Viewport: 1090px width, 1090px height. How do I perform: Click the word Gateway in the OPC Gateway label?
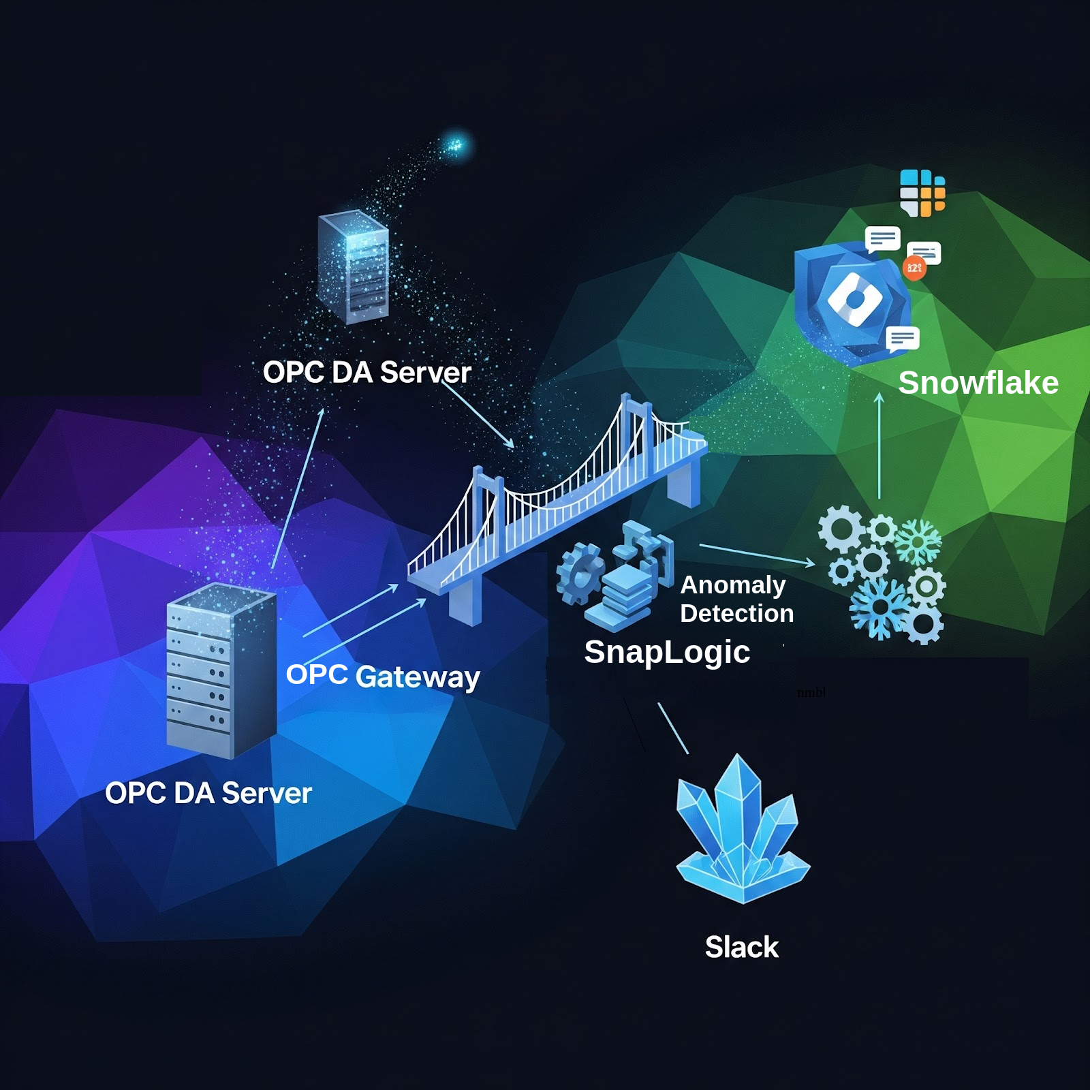418,677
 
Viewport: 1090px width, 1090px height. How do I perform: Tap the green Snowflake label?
978,383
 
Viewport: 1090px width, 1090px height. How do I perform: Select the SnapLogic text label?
667,652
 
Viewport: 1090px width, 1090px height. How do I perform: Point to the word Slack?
741,947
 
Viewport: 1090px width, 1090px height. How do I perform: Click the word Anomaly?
733,585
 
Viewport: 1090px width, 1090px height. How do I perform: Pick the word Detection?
736,614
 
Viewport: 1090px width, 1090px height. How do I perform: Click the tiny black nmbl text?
811,693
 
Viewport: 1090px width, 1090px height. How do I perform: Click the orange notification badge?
914,268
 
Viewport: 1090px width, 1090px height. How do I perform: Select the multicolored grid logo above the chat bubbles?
922,193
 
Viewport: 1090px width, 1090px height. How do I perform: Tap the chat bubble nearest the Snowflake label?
903,339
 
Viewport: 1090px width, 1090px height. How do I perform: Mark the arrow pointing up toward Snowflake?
879,446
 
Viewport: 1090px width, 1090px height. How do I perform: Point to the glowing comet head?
454,144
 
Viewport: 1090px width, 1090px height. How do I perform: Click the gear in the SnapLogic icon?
579,574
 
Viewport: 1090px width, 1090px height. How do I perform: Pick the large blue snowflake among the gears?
879,608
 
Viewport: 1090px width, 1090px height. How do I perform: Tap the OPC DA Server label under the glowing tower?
367,373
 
